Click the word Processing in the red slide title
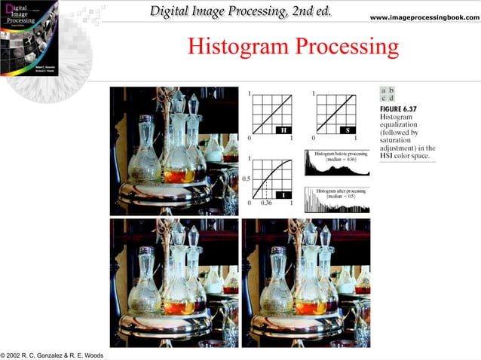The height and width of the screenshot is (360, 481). click(346, 48)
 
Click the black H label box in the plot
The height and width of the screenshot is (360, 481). click(283, 130)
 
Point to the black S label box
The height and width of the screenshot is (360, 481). click(348, 130)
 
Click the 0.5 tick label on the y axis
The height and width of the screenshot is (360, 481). click(245, 178)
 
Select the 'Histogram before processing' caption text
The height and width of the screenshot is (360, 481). click(336, 156)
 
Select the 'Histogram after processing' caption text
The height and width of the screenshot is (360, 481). click(337, 193)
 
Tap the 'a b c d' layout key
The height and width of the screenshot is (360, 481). click(388, 94)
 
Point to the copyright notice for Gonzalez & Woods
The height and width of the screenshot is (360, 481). click(53, 355)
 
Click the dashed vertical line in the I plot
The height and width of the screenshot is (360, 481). click(266, 189)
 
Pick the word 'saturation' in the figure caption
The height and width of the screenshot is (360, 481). click(400, 140)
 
